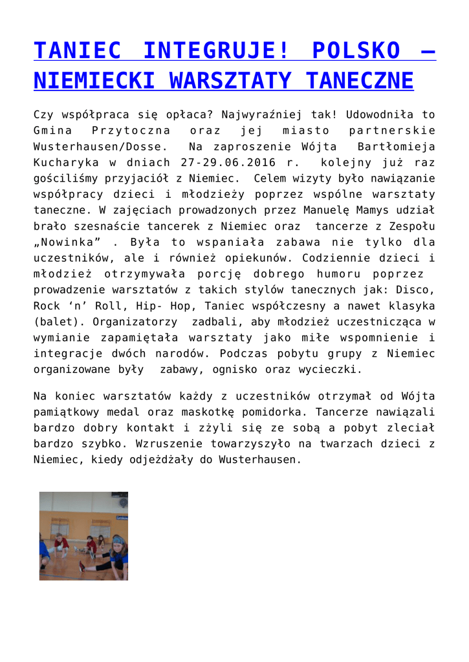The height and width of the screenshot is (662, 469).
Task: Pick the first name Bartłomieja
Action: (x=396, y=147)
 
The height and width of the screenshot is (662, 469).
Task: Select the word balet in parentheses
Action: (x=59, y=321)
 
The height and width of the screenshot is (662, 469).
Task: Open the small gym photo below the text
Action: (x=83, y=536)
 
